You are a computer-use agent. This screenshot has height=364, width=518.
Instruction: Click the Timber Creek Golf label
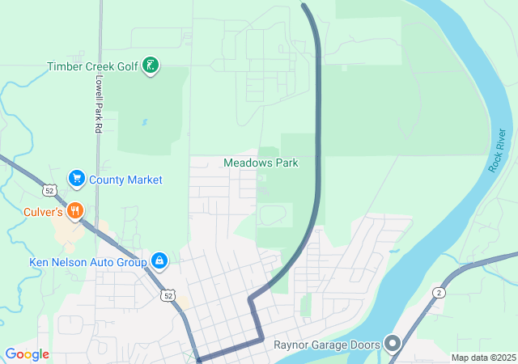point(92,66)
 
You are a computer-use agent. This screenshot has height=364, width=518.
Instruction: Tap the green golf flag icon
point(150,66)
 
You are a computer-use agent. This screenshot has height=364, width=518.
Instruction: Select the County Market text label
point(125,180)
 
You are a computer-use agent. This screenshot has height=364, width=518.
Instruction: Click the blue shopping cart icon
point(77,178)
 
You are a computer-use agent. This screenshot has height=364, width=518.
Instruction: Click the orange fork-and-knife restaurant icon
point(75,210)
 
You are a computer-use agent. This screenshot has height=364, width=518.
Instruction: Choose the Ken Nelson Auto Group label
point(87,261)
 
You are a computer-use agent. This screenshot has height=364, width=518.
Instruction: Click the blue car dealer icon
point(159,260)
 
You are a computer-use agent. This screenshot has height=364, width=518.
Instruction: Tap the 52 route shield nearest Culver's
point(50,191)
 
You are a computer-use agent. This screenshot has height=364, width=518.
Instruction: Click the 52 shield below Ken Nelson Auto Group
point(167,295)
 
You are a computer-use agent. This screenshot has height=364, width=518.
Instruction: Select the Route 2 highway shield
point(439,292)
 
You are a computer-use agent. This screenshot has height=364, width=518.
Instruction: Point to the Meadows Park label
point(261,163)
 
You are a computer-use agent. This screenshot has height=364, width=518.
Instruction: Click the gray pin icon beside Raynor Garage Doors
point(394,345)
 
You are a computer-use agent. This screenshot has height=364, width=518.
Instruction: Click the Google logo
point(27,354)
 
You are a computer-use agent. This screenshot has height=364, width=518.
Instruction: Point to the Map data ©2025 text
point(483,358)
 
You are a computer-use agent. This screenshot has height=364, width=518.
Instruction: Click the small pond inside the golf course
point(145,123)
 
